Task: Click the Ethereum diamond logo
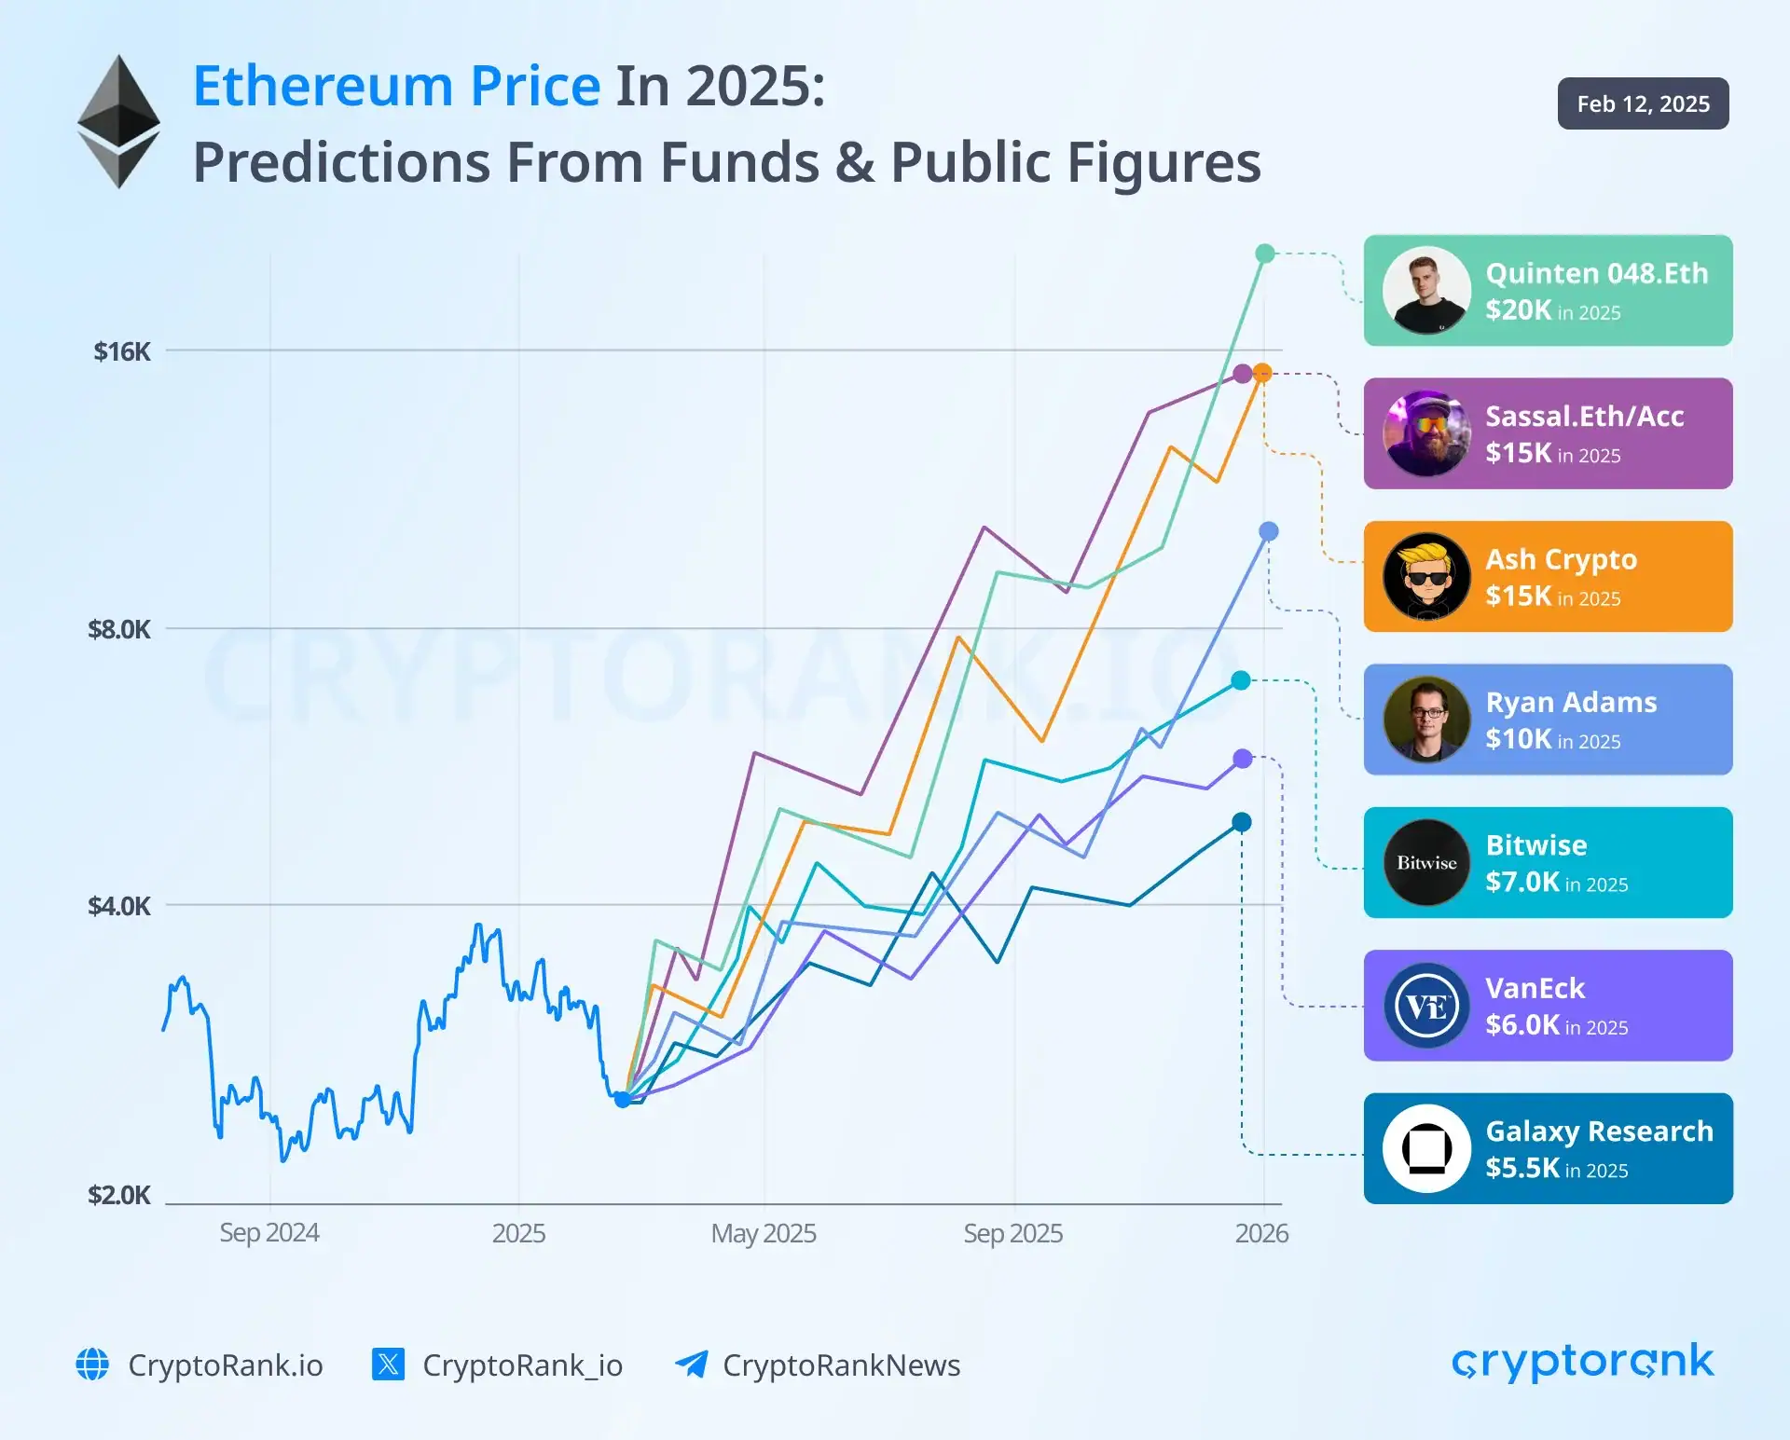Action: point(118,121)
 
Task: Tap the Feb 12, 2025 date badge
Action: point(1643,103)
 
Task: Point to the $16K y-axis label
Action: point(121,351)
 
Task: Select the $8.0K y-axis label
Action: point(118,629)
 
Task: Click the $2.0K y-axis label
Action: point(118,1195)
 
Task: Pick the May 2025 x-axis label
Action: point(763,1233)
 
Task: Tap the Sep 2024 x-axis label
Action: point(268,1232)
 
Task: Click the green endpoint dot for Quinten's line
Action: point(1264,254)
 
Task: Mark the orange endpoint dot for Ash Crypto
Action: point(1262,373)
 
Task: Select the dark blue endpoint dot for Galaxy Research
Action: point(1241,822)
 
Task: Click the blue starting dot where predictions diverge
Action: point(622,1099)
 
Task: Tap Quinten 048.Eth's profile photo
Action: point(1425,291)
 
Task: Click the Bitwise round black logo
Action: point(1425,863)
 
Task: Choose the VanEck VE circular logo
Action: point(1425,1006)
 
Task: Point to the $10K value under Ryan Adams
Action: point(1518,739)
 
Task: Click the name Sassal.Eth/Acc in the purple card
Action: point(1584,416)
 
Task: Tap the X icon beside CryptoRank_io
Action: point(388,1364)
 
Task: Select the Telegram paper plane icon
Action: point(691,1364)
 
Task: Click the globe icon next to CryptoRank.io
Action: point(92,1364)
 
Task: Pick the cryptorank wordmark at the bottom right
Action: point(1582,1363)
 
